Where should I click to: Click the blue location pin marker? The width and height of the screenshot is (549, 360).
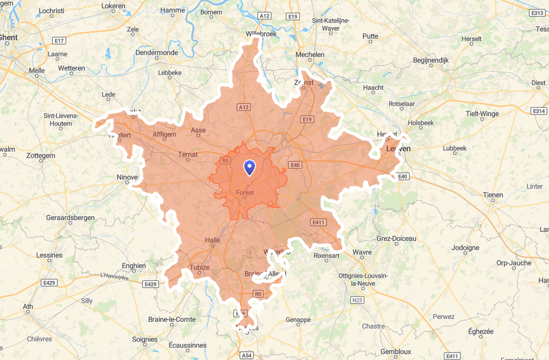click(249, 168)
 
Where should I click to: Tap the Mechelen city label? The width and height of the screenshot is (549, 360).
click(310, 55)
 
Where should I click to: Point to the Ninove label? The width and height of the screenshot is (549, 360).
click(127, 177)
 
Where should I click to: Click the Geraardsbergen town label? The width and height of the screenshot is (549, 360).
click(70, 218)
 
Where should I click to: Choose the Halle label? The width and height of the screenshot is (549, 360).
click(213, 241)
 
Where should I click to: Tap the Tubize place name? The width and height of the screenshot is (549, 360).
click(199, 267)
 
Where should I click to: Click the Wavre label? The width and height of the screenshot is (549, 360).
click(362, 252)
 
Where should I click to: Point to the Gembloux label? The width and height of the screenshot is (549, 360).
click(396, 351)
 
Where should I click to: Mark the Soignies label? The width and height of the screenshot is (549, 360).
click(145, 340)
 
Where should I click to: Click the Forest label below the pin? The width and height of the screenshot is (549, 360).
click(245, 192)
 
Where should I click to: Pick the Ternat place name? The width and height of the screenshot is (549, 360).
click(188, 154)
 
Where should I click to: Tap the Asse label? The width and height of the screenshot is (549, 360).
click(198, 130)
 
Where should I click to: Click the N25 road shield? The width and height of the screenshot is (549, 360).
click(357, 300)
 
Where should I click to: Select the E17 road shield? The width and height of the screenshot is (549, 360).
click(59, 41)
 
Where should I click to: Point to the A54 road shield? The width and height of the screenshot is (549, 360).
click(247, 356)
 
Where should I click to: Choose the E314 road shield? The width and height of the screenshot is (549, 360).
click(538, 111)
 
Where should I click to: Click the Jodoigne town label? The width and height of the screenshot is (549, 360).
click(466, 248)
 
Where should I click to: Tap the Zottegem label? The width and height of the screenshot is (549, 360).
click(41, 156)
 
